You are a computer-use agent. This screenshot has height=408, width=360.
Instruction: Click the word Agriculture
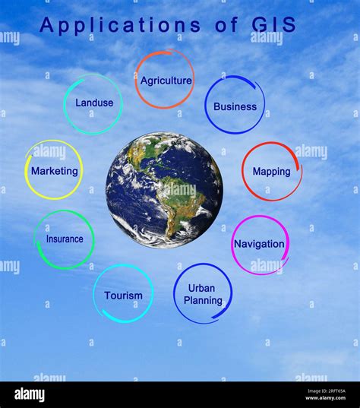166,81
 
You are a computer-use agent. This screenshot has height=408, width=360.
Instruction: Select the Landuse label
94,103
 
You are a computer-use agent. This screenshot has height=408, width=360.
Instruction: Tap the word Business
235,106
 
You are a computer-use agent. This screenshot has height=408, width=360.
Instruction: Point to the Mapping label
272,172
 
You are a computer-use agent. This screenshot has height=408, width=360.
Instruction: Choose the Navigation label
259,244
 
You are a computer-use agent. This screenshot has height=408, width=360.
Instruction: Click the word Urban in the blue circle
201,288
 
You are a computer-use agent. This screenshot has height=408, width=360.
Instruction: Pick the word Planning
203,301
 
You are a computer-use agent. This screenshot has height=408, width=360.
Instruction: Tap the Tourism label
123,296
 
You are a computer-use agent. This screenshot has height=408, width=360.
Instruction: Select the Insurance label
65,239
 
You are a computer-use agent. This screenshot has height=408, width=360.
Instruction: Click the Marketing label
55,171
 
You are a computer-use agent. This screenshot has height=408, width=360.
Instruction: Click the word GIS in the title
274,24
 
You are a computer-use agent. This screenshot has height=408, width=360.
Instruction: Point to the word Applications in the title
120,26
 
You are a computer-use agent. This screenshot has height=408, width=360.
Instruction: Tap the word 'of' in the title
226,24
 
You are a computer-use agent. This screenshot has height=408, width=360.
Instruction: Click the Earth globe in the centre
164,190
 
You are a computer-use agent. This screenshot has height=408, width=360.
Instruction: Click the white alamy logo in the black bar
30,395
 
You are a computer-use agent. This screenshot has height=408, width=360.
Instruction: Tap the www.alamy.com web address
325,398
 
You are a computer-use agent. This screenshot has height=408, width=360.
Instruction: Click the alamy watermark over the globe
180,189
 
